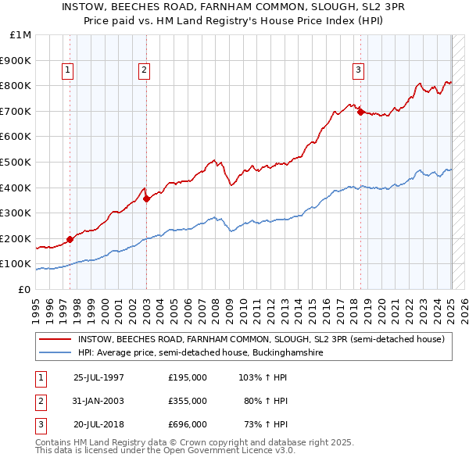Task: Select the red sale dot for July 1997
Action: pyautogui.click(x=70, y=239)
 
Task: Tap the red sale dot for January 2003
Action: pyautogui.click(x=146, y=198)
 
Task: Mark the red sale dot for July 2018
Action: pyautogui.click(x=360, y=112)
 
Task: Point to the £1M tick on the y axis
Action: pyautogui.click(x=21, y=34)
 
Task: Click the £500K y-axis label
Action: pyautogui.click(x=17, y=162)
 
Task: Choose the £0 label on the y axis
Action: pyautogui.click(x=24, y=289)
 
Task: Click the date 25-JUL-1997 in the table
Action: pyautogui.click(x=98, y=377)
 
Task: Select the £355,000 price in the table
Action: pyautogui.click(x=188, y=401)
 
